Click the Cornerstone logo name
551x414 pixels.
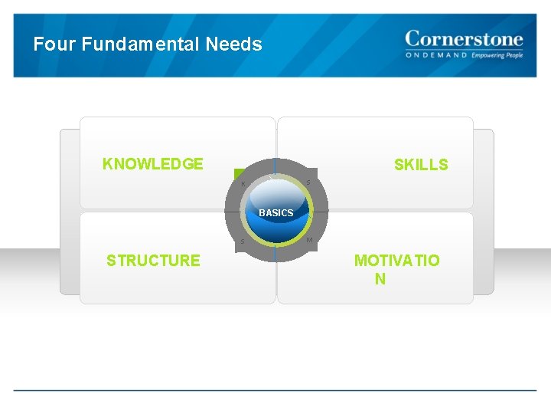pyautogui.click(x=464, y=39)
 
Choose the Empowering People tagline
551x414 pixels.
pyautogui.click(x=497, y=56)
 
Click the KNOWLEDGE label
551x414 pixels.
pyautogui.click(x=153, y=164)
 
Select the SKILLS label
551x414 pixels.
pyautogui.click(x=421, y=165)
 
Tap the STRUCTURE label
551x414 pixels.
pyautogui.click(x=153, y=261)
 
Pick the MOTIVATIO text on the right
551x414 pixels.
pyautogui.click(x=396, y=261)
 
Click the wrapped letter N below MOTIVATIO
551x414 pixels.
pyautogui.click(x=380, y=279)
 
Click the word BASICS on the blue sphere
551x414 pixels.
pyautogui.click(x=275, y=212)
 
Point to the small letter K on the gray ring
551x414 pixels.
pyautogui.click(x=243, y=184)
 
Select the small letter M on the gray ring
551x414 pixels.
pyautogui.click(x=308, y=241)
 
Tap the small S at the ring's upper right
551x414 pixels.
pyautogui.click(x=308, y=182)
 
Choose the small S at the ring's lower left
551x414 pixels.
pyautogui.click(x=243, y=242)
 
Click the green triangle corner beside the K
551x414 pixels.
pyautogui.click(x=239, y=172)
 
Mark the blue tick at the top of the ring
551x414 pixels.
pyautogui.click(x=275, y=164)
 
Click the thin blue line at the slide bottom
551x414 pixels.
pyautogui.click(x=275, y=391)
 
